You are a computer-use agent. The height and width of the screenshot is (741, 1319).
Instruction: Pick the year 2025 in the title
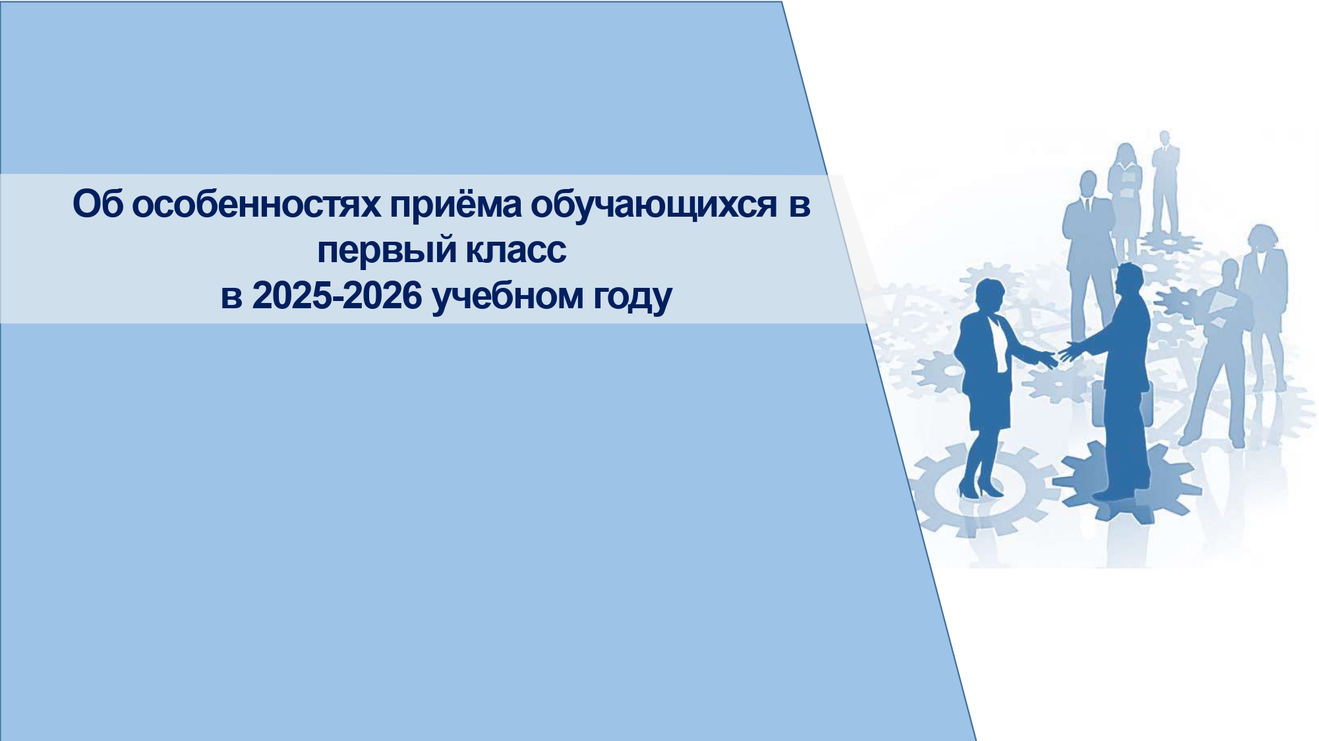[x=293, y=296]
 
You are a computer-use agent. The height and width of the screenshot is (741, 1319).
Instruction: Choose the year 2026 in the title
[x=382, y=296]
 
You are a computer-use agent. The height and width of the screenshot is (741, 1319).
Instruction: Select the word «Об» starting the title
[x=98, y=204]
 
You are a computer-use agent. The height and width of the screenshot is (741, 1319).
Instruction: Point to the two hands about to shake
[x=1058, y=356]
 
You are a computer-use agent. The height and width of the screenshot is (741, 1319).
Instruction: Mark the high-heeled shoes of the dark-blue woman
[x=980, y=488]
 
